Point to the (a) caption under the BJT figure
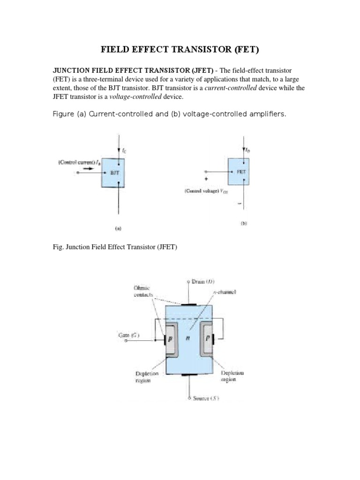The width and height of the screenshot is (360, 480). [x=118, y=229]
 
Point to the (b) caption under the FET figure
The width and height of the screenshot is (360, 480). [x=244, y=224]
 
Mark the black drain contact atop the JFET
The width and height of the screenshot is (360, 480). [x=188, y=304]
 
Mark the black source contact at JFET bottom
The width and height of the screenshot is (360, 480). [x=188, y=375]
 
